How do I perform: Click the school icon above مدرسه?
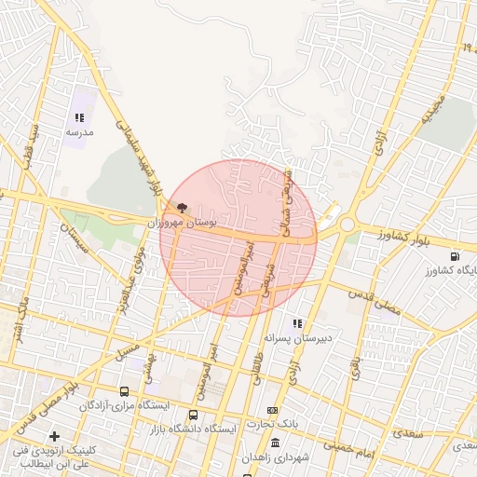click(x=79, y=118)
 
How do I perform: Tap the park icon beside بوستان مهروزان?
click(x=181, y=208)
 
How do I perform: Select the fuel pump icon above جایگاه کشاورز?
click(x=454, y=256)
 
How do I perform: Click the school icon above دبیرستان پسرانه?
click(x=297, y=323)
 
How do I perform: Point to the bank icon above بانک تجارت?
click(x=272, y=410)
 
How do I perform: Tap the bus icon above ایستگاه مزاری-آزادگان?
click(x=125, y=391)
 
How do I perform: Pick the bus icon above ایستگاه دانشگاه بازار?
click(x=193, y=415)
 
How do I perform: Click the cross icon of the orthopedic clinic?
click(x=54, y=436)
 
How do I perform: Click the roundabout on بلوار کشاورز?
click(x=347, y=225)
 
